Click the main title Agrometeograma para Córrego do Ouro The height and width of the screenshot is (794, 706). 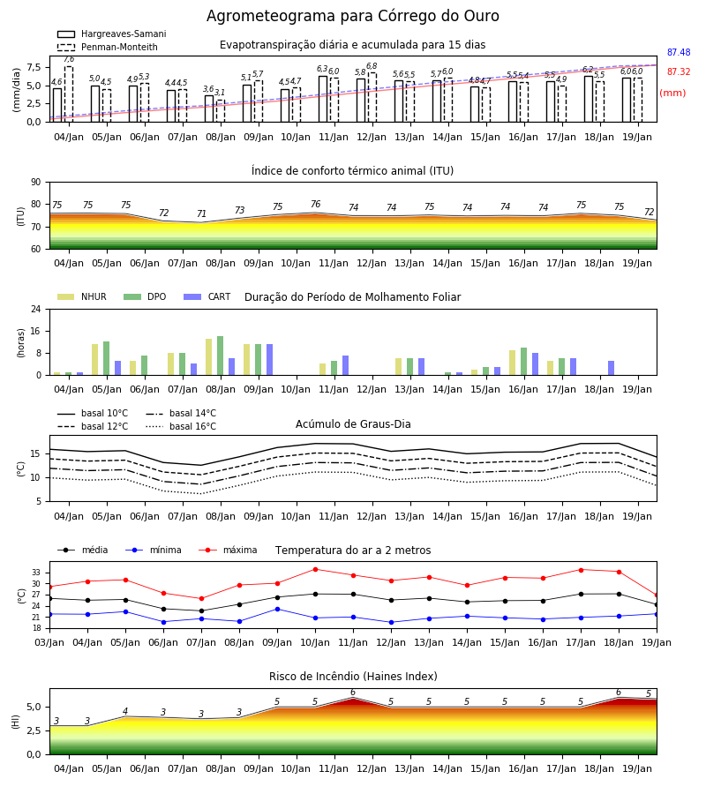click(x=352, y=16)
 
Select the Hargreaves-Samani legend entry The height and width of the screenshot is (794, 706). click(x=111, y=34)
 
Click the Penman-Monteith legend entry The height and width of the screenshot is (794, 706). click(x=108, y=47)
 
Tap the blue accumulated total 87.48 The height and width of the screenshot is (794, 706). click(x=679, y=52)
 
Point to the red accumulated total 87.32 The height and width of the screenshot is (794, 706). click(x=679, y=72)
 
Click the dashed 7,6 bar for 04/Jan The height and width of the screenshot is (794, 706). click(x=68, y=94)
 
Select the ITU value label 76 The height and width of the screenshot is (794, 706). click(x=316, y=204)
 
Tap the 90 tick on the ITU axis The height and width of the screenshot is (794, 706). click(x=36, y=183)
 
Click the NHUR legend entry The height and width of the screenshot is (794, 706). click(x=82, y=296)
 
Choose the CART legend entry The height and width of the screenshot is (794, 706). click(x=207, y=296)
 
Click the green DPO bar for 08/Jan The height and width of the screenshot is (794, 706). click(x=221, y=356)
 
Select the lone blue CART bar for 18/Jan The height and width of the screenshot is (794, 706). click(x=612, y=368)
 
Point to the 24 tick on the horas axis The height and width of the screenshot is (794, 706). click(x=36, y=309)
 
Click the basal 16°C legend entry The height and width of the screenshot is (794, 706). click(x=181, y=426)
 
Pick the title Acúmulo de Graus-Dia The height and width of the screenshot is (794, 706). click(x=353, y=424)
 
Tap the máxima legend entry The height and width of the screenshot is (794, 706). click(x=228, y=550)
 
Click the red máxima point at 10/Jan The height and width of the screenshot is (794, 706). click(x=316, y=569)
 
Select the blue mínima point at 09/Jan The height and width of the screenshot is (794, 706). click(x=277, y=609)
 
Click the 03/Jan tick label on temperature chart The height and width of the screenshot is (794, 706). click(x=49, y=642)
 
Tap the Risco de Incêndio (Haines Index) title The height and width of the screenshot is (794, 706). click(x=353, y=677)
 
